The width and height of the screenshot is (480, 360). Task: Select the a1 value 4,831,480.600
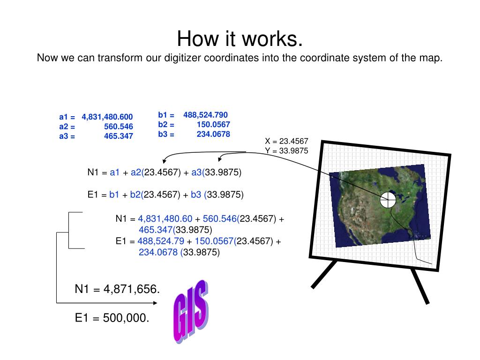coord(107,117)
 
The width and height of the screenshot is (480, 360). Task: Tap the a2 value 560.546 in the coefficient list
coord(119,127)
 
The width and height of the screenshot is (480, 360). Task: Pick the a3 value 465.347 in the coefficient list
coord(119,136)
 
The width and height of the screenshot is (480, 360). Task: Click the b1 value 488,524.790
coord(205,115)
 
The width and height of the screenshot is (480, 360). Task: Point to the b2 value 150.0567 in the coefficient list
coord(213,124)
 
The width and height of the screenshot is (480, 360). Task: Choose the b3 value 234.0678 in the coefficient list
coord(213,134)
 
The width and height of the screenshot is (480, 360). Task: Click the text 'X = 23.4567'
coord(286,141)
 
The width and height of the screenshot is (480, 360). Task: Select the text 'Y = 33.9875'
coord(286,150)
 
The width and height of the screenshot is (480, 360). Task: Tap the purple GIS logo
coord(191,312)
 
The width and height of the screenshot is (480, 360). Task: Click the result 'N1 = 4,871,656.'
coord(117,289)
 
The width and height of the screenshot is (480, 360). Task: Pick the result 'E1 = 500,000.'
coord(112,318)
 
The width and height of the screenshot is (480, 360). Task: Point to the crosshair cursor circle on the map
coord(388,200)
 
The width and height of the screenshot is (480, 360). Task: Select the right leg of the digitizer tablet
coord(420,286)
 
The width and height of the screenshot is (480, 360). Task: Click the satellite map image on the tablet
coord(380,206)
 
